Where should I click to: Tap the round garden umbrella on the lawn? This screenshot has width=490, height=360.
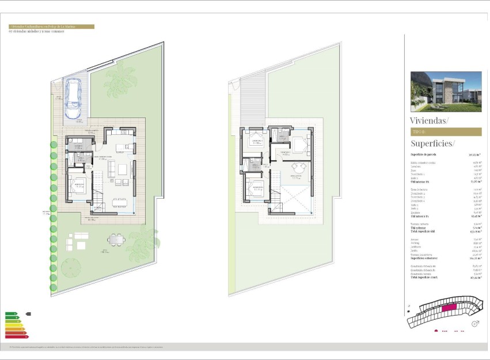[70, 267]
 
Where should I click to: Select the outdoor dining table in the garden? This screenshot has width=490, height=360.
[117, 240]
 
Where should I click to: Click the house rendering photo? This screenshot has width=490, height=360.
[446, 91]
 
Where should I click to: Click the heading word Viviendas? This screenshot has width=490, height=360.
[429, 120]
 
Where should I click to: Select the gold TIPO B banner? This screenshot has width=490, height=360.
[446, 132]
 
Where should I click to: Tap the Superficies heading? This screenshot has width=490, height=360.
[432, 143]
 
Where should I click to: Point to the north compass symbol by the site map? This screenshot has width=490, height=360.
[475, 324]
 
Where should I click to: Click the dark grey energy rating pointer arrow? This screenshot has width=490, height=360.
[28, 314]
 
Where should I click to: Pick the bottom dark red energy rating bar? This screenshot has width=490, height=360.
[17, 336]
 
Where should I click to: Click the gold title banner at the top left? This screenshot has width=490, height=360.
[51, 26]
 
